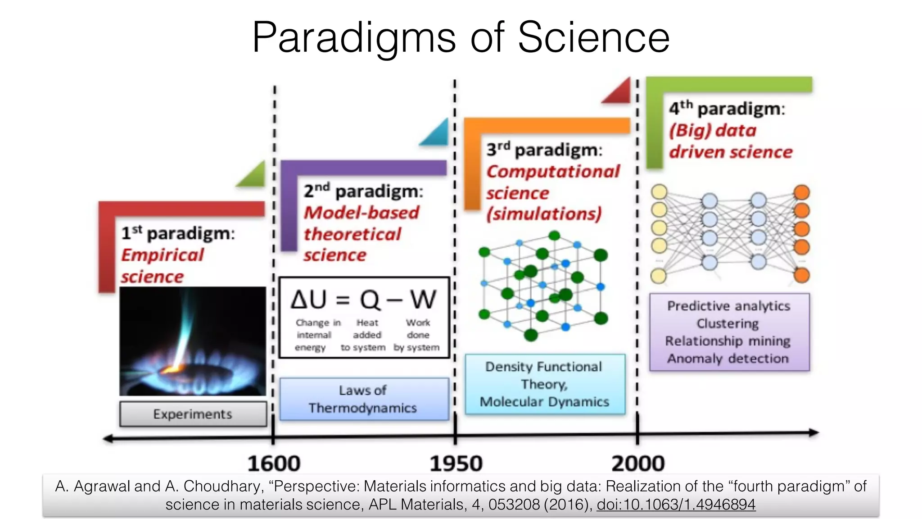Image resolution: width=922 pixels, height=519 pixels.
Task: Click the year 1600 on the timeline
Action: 274,464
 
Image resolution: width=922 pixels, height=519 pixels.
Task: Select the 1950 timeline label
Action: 456,464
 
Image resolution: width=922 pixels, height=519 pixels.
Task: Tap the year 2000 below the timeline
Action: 638,464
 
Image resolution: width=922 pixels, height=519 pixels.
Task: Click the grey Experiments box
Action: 193,414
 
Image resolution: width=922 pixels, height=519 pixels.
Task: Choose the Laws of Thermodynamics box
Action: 364,399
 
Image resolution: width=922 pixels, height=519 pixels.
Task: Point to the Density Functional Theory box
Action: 545,384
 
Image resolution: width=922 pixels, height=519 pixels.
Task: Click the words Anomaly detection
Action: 728,359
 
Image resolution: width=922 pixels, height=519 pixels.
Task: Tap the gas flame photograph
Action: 193,341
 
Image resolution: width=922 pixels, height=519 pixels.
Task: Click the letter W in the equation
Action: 423,299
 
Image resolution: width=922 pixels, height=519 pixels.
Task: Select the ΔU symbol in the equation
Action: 308,299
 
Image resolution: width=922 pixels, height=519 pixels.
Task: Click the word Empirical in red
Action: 163,255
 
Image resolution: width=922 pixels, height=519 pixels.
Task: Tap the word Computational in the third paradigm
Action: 553,172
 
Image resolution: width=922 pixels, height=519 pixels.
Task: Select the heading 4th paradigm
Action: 727,109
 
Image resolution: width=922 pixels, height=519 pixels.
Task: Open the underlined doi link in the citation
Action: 676,504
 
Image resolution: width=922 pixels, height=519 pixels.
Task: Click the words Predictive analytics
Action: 728,306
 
